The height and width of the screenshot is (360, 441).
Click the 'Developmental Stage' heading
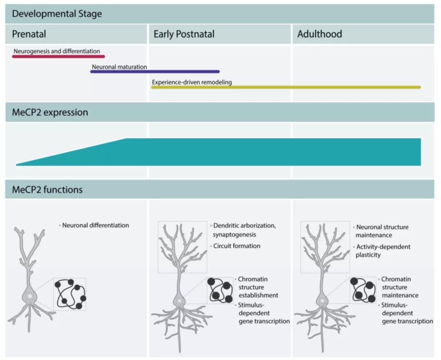pyautogui.click(x=57, y=14)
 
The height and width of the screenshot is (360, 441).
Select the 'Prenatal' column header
pyautogui.click(x=28, y=34)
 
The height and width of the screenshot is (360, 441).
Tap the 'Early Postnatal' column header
pyautogui.click(x=184, y=34)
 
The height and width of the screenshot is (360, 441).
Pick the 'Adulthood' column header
pyautogui.click(x=319, y=34)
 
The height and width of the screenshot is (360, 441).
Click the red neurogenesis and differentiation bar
pyautogui.click(x=58, y=56)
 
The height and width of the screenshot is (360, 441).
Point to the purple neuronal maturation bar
pyautogui.click(x=155, y=71)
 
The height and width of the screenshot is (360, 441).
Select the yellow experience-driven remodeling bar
pyautogui.click(x=286, y=87)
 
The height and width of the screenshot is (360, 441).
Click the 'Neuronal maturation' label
pyautogui.click(x=119, y=67)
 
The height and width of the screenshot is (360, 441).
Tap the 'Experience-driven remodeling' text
pyautogui.click(x=192, y=82)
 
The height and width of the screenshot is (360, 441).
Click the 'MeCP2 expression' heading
pyautogui.click(x=50, y=112)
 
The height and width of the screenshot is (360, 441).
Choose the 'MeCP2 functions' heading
pyautogui.click(x=47, y=190)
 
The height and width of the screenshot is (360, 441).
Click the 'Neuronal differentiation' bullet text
pyautogui.click(x=96, y=225)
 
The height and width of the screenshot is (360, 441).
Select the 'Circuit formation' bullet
pyautogui.click(x=236, y=246)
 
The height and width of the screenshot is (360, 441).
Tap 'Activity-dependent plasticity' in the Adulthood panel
pyautogui.click(x=383, y=251)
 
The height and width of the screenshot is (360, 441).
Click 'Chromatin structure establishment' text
pyautogui.click(x=258, y=287)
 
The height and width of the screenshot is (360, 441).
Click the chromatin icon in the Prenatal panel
pyautogui.click(x=70, y=294)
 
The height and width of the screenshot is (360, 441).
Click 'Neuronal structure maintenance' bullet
pyautogui.click(x=382, y=231)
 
